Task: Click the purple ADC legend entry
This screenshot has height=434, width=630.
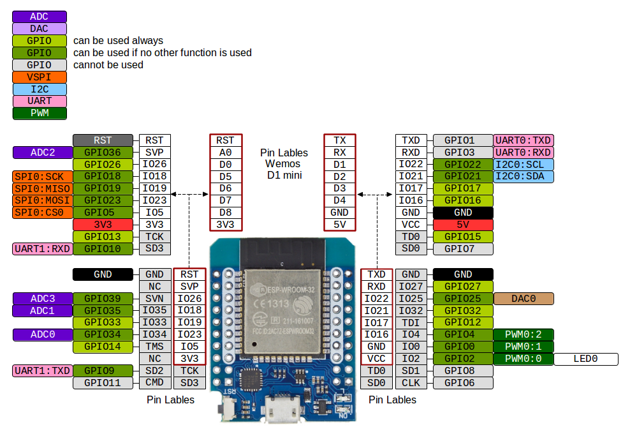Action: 39,17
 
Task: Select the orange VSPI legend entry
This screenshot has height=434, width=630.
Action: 39,77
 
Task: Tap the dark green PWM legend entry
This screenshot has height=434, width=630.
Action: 39,114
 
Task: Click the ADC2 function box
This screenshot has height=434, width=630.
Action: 42,153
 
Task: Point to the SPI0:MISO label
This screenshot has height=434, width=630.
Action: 41,188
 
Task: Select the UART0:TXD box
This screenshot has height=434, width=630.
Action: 523,140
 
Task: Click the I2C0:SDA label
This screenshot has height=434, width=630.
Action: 523,176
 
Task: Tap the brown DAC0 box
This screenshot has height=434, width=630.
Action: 523,299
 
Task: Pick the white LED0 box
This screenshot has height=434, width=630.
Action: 585,359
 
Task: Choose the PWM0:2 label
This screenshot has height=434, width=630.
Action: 523,335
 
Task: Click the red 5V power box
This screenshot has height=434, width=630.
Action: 463,225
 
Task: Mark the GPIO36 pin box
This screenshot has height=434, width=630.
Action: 103,153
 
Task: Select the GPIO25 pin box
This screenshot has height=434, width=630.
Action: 463,299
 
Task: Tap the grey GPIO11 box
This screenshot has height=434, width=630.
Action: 103,383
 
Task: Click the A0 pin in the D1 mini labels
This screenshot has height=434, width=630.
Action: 225,153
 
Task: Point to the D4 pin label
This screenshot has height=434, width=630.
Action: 339,200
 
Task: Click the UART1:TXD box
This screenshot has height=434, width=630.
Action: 41,371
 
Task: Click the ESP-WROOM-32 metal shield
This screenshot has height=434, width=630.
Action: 281,306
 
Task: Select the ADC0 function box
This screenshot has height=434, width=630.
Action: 42,335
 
